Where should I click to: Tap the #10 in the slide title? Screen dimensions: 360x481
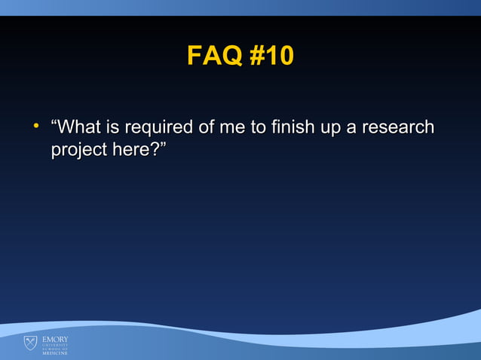point(269,56)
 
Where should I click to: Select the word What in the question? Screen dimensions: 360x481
point(84,127)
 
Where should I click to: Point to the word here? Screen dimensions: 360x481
point(130,150)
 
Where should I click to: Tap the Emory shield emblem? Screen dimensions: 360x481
point(30,343)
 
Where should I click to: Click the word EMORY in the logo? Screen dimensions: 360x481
point(54,340)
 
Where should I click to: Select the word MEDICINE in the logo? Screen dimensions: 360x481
point(54,353)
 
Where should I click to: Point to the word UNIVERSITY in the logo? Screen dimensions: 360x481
point(54,345)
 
